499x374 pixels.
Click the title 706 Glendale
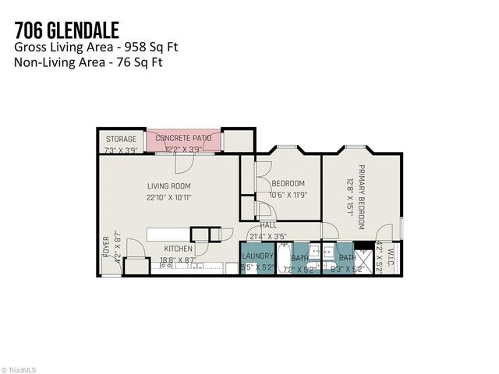click(x=66, y=30)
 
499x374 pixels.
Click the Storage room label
click(x=121, y=139)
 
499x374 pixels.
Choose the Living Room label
click(x=169, y=185)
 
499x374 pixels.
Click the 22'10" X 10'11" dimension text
click(x=169, y=197)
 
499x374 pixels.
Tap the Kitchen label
click(x=179, y=249)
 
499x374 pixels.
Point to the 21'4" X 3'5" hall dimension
click(x=268, y=235)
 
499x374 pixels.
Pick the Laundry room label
click(x=258, y=256)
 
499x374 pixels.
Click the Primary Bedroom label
click(x=361, y=197)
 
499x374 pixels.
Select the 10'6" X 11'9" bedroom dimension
click(x=289, y=195)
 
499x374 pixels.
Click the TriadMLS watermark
click(x=21, y=369)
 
